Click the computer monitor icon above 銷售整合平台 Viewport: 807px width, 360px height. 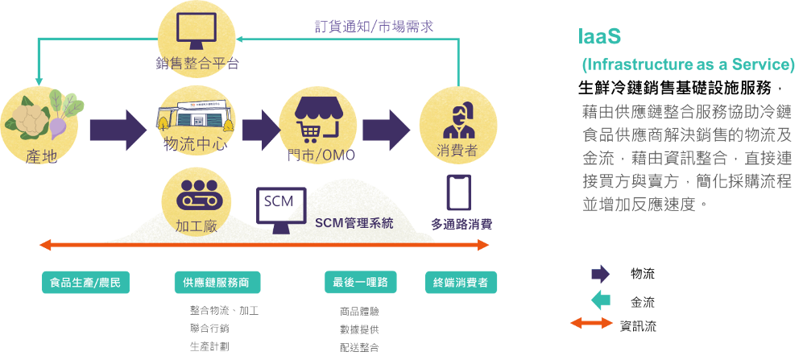[196, 27]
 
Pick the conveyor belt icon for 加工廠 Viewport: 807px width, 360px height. [196, 195]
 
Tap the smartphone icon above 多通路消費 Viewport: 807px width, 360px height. [458, 192]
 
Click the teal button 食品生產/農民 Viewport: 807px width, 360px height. [85, 282]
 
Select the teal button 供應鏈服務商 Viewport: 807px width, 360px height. [217, 282]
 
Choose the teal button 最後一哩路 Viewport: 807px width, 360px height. [360, 282]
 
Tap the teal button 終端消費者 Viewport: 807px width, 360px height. [461, 282]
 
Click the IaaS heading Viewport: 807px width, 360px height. [599, 36]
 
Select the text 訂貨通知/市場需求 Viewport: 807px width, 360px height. [375, 27]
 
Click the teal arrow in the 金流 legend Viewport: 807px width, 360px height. [601, 300]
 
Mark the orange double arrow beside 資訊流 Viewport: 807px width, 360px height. [592, 324]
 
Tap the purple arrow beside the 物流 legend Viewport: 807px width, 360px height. [601, 274]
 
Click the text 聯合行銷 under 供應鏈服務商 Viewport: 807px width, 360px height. [209, 329]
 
